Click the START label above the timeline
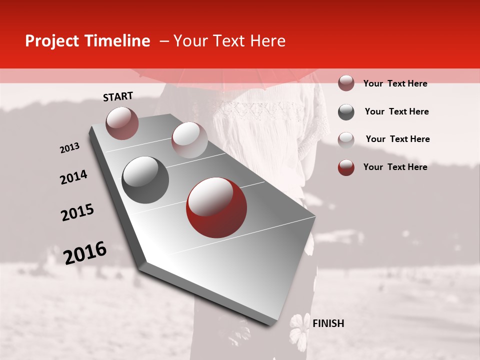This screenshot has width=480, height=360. point(118,96)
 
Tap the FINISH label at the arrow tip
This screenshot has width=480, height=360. point(328,323)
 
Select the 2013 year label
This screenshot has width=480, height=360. point(69,148)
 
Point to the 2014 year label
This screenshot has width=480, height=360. point(73,177)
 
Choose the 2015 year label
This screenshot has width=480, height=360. point(77,212)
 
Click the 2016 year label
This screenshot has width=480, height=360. point(85,252)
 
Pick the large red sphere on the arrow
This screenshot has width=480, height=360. point(216,207)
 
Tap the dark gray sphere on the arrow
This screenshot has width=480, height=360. point(145,179)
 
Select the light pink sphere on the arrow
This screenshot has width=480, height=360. point(189,140)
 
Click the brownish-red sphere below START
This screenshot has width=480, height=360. point(122,123)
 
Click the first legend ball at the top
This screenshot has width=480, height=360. point(346,83)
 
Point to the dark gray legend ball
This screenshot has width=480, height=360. point(346,112)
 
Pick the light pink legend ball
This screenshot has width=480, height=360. point(346,139)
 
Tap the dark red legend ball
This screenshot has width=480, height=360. point(346,167)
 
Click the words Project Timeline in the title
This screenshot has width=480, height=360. point(87,41)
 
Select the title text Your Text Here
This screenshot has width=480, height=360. point(229,41)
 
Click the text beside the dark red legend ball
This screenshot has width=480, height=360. point(395,167)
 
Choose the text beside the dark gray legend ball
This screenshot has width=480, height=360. point(396,111)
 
